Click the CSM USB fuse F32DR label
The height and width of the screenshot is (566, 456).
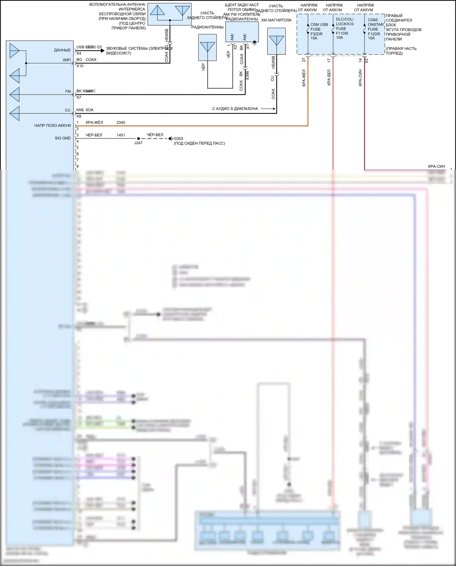319,31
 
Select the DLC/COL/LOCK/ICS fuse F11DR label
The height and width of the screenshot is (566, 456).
344,29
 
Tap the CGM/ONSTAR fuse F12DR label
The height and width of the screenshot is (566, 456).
375,29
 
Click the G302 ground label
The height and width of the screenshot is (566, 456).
178,139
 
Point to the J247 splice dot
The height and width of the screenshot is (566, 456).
139,139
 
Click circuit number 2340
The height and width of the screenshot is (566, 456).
121,123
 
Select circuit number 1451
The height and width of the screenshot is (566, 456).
121,135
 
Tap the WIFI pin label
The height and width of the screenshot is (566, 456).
67,60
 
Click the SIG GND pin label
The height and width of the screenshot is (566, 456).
63,138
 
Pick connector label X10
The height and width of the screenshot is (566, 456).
80,66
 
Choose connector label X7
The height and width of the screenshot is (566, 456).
79,97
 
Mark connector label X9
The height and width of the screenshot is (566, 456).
79,116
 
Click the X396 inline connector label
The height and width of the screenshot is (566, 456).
247,76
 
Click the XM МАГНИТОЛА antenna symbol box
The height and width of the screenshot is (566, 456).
276,41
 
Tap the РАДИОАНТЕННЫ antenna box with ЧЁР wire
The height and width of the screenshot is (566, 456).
207,47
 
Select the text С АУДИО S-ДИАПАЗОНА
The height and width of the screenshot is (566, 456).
235,109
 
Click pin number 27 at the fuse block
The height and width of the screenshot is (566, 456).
304,60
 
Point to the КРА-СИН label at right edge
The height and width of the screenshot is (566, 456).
436,166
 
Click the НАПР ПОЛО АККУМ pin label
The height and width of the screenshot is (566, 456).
52,125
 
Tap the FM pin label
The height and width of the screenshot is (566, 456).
68,92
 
